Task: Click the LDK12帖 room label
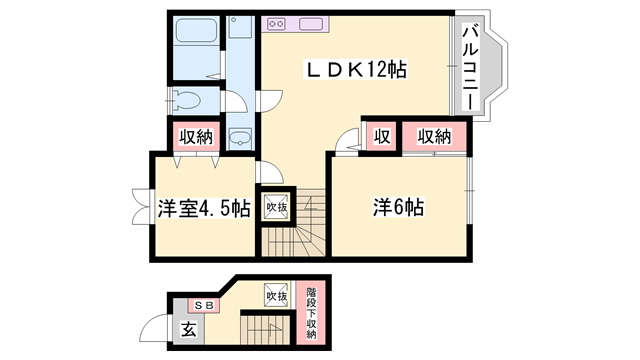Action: (357, 70)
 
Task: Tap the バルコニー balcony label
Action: (471, 68)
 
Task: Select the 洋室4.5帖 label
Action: (204, 208)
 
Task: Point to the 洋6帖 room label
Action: (398, 207)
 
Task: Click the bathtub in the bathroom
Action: (196, 30)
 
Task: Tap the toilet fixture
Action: (186, 100)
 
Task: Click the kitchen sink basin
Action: (311, 24)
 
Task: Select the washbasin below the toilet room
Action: (240, 138)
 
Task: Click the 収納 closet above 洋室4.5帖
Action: (196, 137)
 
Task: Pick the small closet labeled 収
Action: (382, 136)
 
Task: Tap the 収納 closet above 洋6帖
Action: (434, 136)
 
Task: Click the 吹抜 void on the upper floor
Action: (276, 207)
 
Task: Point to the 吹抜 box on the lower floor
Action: (276, 295)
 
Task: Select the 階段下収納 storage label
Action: (311, 313)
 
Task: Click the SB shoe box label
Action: (204, 305)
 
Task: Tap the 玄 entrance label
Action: (188, 329)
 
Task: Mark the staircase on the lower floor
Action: (265, 330)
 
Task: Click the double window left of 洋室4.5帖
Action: (141, 207)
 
